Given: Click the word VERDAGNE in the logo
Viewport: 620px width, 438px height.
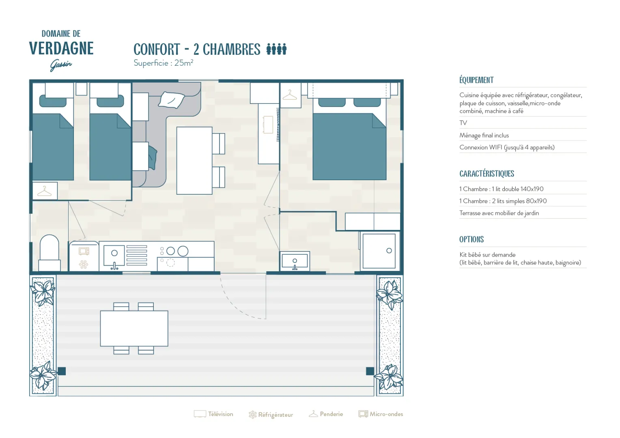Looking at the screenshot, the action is coord(61,48).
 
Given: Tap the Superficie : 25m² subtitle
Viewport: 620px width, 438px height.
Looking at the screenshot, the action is coord(163,63).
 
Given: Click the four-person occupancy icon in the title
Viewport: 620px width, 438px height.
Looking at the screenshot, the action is coord(276,49).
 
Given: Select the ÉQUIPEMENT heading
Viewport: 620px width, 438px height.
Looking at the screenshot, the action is coord(476,80).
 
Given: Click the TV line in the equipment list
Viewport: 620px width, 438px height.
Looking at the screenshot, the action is coord(463,123).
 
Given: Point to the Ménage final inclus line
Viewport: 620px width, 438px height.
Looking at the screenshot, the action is coord(484,135).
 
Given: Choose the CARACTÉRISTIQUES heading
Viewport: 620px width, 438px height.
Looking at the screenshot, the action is coord(487,174).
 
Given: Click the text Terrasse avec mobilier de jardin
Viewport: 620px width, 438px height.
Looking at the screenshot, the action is coord(499,213).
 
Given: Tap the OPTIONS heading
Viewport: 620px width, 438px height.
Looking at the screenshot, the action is coord(471,239).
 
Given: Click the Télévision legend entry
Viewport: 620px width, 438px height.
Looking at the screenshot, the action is coord(213,414).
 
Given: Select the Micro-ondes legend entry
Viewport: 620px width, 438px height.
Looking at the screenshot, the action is coord(381,414).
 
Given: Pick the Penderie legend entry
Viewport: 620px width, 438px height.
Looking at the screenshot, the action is coord(326,414).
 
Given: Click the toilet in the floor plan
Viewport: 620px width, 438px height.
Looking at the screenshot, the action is coord(50,253).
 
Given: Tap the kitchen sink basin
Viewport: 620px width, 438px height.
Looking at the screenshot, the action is coord(114,255).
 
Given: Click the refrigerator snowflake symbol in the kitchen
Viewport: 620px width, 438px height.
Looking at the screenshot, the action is coord(84,264).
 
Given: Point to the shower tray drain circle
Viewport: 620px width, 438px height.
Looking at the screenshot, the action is coord(389,251).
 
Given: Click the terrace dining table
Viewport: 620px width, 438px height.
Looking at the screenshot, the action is coord(134,328).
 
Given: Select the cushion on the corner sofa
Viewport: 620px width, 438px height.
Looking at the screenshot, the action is coord(171,100).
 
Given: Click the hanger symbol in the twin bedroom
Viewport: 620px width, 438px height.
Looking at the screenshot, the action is coord(44,191).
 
